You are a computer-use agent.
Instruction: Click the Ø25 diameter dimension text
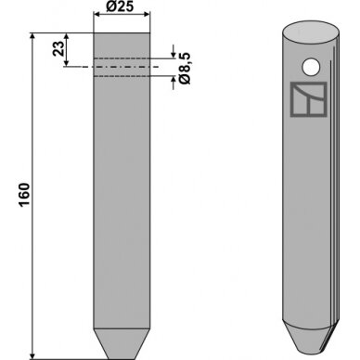[x=120, y=6]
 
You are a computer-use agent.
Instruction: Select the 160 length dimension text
[x=25, y=195]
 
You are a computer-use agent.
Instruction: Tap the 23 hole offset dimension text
[x=58, y=48]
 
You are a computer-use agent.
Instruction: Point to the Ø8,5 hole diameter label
[x=186, y=69]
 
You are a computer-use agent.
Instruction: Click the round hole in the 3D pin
[x=311, y=67]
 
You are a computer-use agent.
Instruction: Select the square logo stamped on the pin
[x=309, y=99]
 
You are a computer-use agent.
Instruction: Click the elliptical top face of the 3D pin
[x=311, y=32]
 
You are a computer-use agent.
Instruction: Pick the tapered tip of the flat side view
[x=122, y=343]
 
